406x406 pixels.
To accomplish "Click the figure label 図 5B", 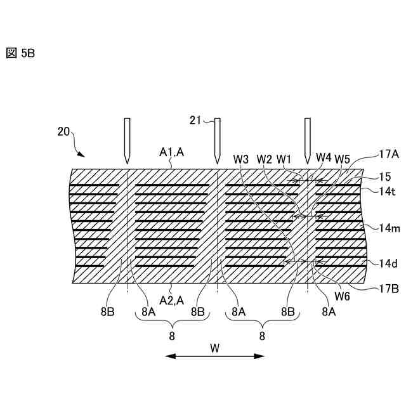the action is click(20, 53).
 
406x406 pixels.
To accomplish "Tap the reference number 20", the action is click(63, 131).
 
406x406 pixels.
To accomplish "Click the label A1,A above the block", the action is click(171, 152).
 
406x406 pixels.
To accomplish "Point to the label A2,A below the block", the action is click(171, 299).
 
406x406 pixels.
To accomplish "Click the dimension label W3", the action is click(241, 158).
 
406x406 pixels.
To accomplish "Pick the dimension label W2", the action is click(265, 158).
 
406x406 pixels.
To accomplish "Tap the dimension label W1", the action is click(284, 158).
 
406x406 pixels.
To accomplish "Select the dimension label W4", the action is click(324, 157).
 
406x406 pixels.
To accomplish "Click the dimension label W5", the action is click(343, 158).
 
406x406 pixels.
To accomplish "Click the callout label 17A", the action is click(388, 154).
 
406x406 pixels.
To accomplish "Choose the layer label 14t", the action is click(386, 190).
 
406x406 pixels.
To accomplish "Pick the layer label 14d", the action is click(388, 263).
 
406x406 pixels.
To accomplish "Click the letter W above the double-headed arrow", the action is click(214, 347).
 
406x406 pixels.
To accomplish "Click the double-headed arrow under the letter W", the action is click(214, 357).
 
